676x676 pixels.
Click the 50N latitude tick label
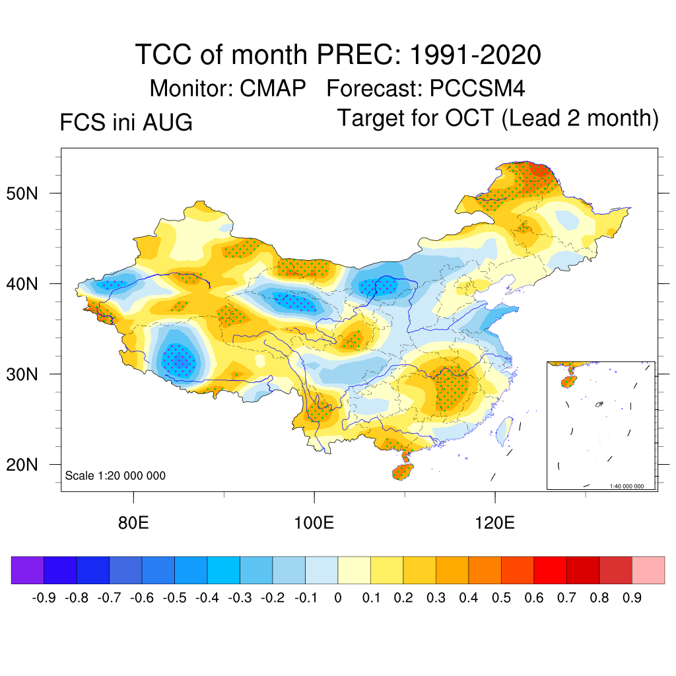22,193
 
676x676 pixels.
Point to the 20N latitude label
22,465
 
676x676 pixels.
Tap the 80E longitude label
133,523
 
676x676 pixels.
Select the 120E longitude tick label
494,523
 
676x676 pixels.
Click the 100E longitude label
314,523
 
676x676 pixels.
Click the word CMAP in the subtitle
273,88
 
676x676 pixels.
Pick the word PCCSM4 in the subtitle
477,88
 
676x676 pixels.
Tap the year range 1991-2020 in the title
475,55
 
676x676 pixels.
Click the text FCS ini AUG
126,122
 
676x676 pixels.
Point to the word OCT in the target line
469,118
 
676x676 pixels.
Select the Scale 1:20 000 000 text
115,475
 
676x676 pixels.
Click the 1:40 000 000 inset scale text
626,487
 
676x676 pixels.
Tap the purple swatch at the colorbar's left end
28,570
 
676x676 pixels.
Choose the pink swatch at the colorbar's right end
648,570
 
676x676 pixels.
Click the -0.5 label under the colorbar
174,598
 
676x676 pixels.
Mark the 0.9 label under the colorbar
632,598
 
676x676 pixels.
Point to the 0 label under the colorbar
338,598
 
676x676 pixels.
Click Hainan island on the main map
403,471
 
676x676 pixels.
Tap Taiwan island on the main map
504,430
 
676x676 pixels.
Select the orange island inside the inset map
568,382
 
